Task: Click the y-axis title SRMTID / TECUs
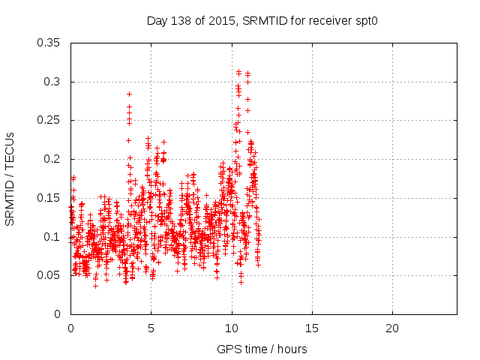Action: coord(10,178)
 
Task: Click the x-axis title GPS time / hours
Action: coord(262,349)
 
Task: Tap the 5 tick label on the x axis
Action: coord(151,328)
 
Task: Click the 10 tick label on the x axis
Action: coord(231,328)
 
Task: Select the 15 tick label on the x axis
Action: coord(311,328)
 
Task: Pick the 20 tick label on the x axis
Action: coord(391,328)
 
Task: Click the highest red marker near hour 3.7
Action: coord(129,94)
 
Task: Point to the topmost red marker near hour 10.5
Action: coord(238,71)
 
